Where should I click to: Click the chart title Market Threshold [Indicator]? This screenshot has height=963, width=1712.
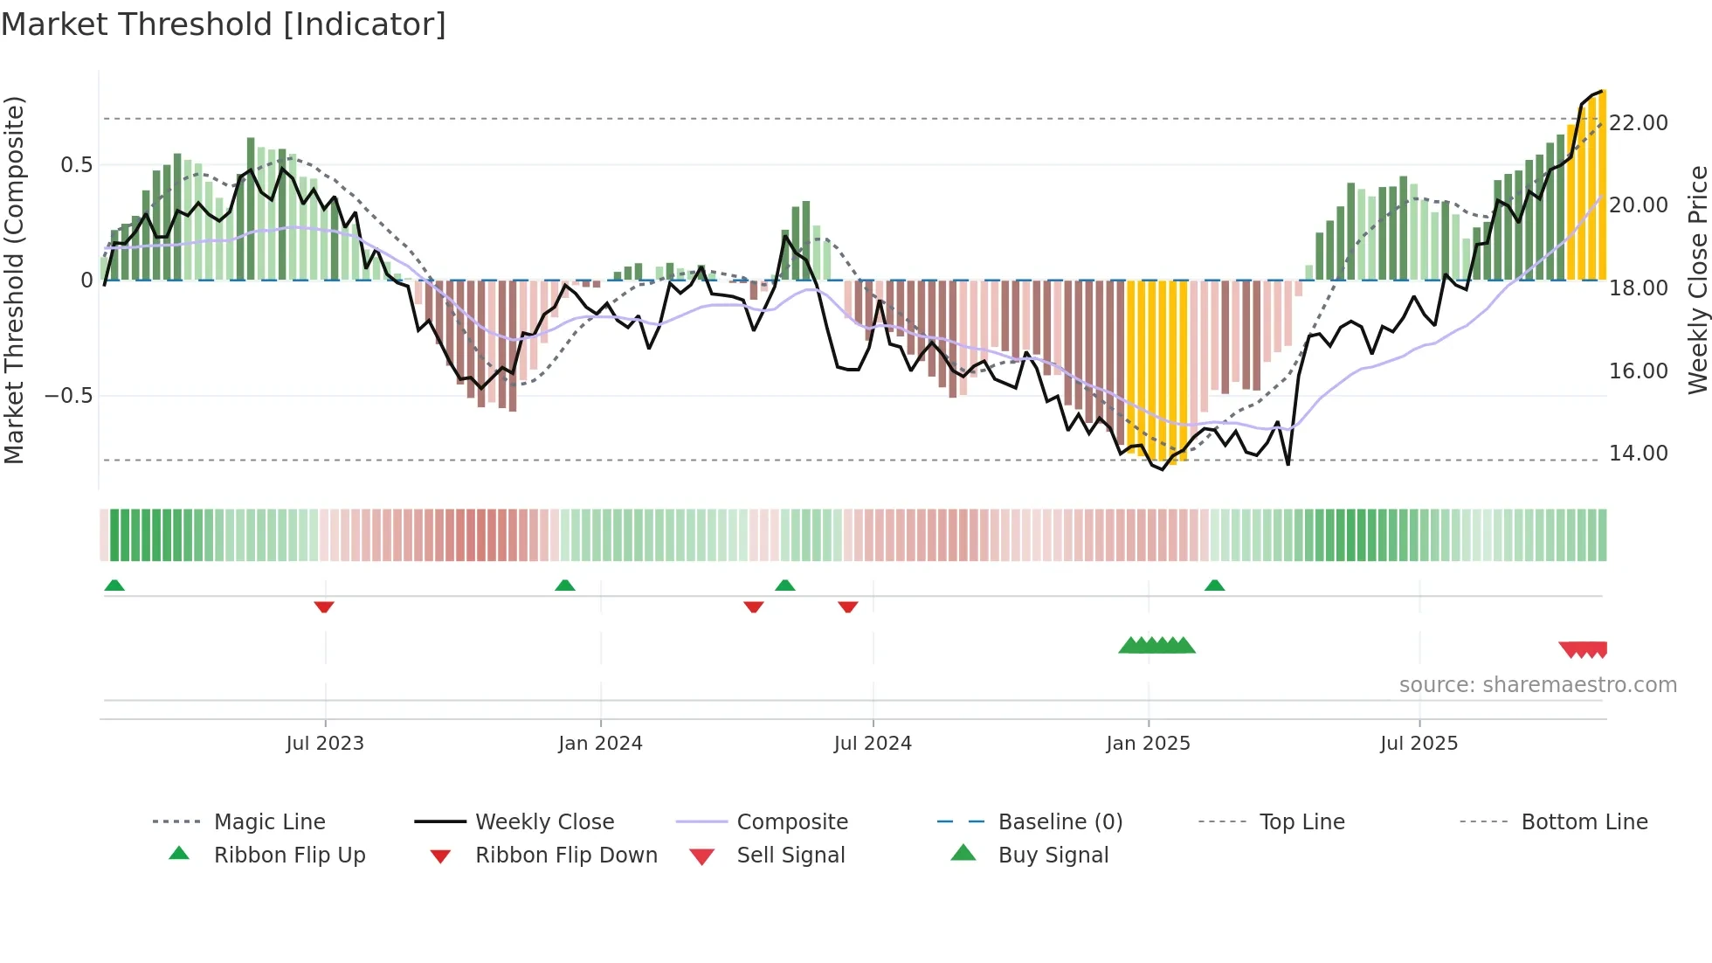pos(224,24)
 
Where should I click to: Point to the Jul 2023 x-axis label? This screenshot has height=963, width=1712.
pos(325,744)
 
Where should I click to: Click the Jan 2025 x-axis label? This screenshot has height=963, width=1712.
pos(1148,744)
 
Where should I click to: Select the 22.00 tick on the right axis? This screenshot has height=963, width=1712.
pos(1639,123)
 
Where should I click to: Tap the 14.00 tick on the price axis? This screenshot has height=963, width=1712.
pos(1639,454)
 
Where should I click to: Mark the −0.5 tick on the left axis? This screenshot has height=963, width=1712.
pos(69,396)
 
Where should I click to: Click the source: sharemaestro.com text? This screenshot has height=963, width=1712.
pos(1537,685)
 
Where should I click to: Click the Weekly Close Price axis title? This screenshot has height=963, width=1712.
pos(1697,280)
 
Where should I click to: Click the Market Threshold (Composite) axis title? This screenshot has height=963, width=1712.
pos(14,280)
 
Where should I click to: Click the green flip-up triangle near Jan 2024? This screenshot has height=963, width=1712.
pos(565,585)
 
